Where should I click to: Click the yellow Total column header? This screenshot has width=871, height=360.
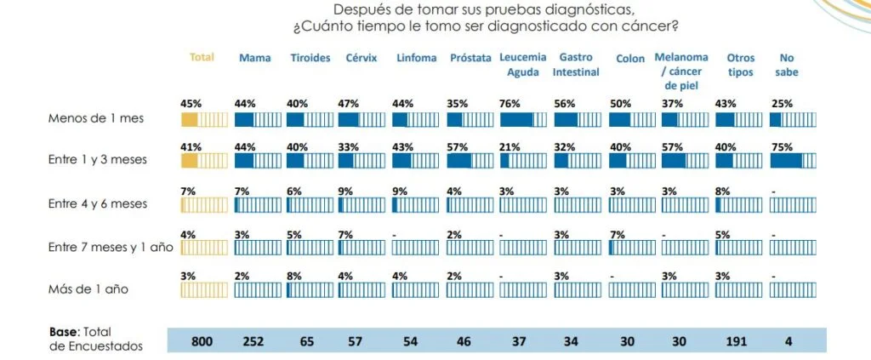pyautogui.click(x=202, y=58)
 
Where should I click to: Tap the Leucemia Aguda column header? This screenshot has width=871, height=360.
pyautogui.click(x=522, y=65)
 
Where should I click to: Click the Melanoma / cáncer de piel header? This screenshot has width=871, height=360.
pyautogui.click(x=680, y=71)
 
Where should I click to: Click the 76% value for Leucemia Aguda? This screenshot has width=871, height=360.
pyautogui.click(x=510, y=104)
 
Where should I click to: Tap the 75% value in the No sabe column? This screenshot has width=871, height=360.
pyautogui.click(x=780, y=146)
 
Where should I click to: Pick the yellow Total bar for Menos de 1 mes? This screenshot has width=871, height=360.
pyautogui.click(x=204, y=118)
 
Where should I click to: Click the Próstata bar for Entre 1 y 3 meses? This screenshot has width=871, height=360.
pyautogui.click(x=470, y=161)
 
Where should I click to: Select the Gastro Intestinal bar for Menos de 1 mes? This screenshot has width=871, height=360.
pyautogui.click(x=576, y=118)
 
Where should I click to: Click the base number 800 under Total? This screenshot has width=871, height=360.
pyautogui.click(x=202, y=340)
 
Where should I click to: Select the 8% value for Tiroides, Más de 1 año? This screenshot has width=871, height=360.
pyautogui.click(x=293, y=275)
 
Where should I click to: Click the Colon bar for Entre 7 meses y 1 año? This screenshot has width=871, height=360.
pyautogui.click(x=629, y=247)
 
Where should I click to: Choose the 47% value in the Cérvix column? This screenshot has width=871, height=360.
pyautogui.click(x=350, y=104)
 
